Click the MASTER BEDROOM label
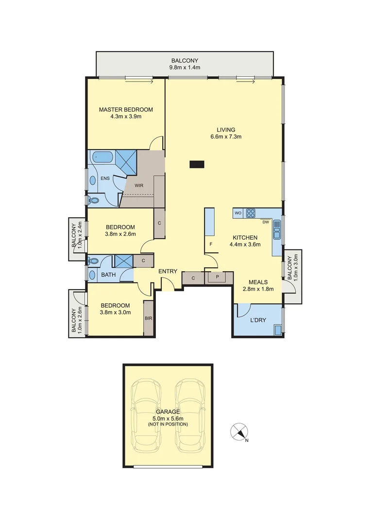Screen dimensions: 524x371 126,110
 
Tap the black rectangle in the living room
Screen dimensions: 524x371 197,164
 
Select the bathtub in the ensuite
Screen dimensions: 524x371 102,157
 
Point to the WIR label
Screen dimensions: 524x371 138,185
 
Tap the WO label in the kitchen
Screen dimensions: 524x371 238,213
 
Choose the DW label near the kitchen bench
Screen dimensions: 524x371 266,222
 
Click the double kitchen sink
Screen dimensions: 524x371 277,229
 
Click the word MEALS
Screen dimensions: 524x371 258,281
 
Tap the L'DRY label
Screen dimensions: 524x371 258,322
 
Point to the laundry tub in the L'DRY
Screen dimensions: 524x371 278,330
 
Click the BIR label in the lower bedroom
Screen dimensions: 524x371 149,319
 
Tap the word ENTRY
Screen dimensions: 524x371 168,271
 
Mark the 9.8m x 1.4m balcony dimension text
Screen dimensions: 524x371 185,67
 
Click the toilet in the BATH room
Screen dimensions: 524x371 93,261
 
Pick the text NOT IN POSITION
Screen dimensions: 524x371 168,424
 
